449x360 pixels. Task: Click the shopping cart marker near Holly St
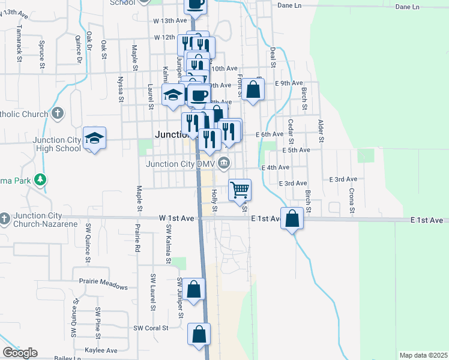240,190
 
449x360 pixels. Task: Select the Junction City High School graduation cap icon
95,139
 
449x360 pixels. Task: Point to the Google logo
19,353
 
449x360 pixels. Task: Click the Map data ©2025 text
423,355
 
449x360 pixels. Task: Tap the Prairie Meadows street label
103,286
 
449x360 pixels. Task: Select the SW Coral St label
151,328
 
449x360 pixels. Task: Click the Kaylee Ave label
100,350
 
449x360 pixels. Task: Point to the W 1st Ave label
176,218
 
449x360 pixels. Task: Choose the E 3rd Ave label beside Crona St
343,179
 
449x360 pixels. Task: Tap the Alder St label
321,132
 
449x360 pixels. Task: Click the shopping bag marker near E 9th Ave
254,89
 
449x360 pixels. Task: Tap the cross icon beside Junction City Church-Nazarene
5,218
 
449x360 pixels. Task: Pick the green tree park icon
40,179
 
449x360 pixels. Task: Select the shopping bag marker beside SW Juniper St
194,289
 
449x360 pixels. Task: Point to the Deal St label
273,59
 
